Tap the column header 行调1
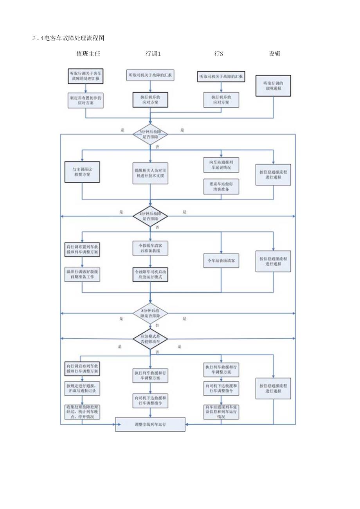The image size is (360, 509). click(153, 54)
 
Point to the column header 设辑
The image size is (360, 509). click(274, 54)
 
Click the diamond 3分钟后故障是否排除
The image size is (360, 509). click(150, 135)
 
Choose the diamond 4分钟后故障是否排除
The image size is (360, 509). click(150, 216)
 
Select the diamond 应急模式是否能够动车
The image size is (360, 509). click(150, 339)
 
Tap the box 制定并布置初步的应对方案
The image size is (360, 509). click(85, 100)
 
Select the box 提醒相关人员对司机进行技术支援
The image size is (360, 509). click(150, 173)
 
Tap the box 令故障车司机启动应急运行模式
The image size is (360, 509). click(150, 274)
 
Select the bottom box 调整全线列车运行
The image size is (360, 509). click(150, 424)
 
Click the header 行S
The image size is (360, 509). click(219, 54)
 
